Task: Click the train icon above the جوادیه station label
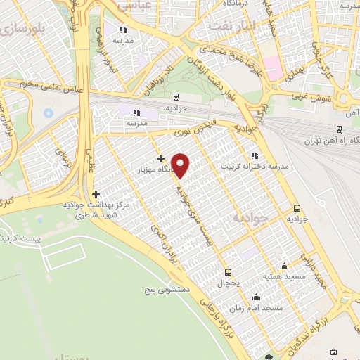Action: pyautogui.click(x=175, y=98)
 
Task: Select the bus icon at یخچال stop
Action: pyautogui.click(x=228, y=272)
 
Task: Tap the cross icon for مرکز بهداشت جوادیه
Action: pyautogui.click(x=96, y=193)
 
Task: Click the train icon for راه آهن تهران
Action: pyautogui.click(x=339, y=129)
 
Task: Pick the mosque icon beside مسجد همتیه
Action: pyautogui.click(x=284, y=266)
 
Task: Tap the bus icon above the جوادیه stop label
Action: pyautogui.click(x=297, y=208)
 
